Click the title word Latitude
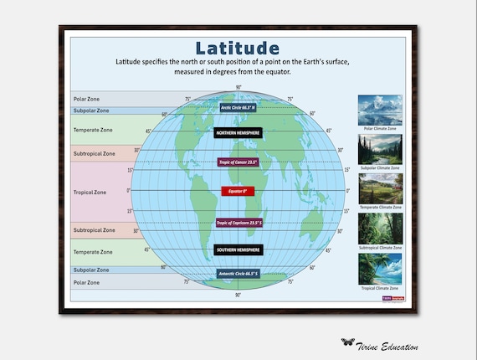pos(238,47)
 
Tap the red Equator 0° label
pos(238,191)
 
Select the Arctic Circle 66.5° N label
pos(238,107)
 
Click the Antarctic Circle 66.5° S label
pos(238,274)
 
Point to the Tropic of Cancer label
pos(238,161)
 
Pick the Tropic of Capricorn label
pos(238,223)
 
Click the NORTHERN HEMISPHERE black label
pos(238,132)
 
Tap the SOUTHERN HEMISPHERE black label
pos(238,249)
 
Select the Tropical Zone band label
pos(90,192)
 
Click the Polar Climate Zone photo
pos(380,110)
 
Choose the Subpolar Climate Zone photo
pos(380,149)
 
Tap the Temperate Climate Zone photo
pos(380,188)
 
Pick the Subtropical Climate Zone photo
pos(380,228)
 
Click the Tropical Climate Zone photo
pos(380,268)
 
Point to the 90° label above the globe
pos(238,88)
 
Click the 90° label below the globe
pos(238,295)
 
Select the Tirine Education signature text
pos(390,346)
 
